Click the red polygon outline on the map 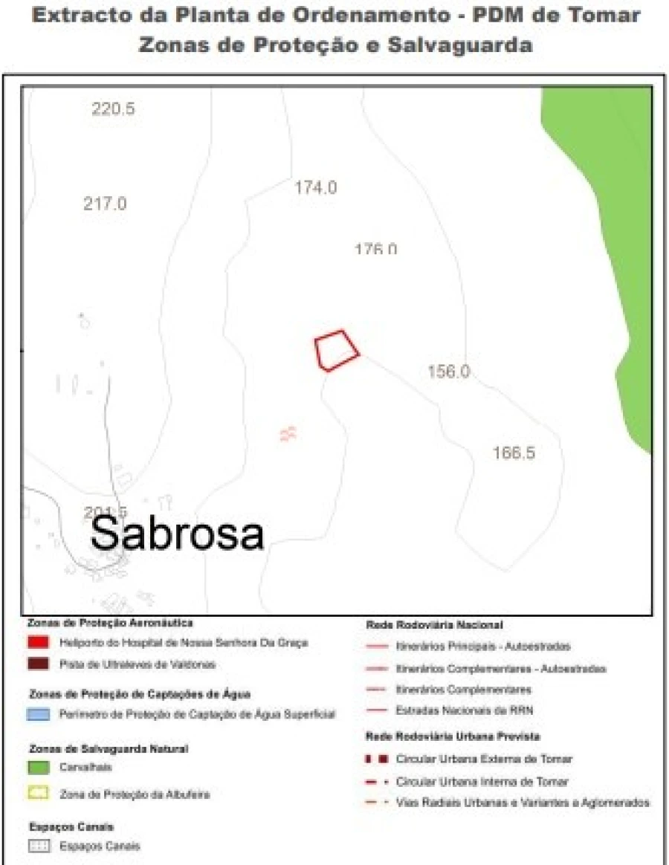click(336, 350)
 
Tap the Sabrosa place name click(178, 534)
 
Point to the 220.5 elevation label click(113, 109)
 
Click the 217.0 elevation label click(105, 204)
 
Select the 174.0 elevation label click(315, 188)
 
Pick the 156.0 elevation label click(448, 372)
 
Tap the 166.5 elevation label click(514, 453)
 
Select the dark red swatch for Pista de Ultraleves click(39, 664)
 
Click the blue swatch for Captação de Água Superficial click(39, 714)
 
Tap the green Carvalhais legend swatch click(39, 767)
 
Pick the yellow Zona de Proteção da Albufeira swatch click(39, 794)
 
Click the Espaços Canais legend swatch click(39, 846)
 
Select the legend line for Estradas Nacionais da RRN click(377, 710)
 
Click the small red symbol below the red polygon click(288, 433)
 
